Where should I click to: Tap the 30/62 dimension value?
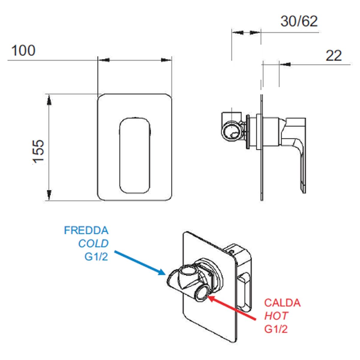pyautogui.click(x=299, y=21)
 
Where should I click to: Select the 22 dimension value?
pyautogui.click(x=334, y=56)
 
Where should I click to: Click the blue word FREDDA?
pyautogui.click(x=86, y=230)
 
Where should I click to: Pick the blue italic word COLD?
pyautogui.click(x=93, y=244)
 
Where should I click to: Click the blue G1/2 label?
pyautogui.click(x=96, y=257)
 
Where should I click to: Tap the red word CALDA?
pyautogui.click(x=282, y=303)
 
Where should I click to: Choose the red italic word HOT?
pyautogui.click(x=276, y=316)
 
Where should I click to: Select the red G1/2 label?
pyautogui.click(x=276, y=329)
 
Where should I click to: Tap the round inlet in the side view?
pyautogui.click(x=232, y=131)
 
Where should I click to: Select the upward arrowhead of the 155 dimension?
pyautogui.click(x=49, y=99)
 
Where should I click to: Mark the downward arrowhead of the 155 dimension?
pyautogui.click(x=49, y=195)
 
